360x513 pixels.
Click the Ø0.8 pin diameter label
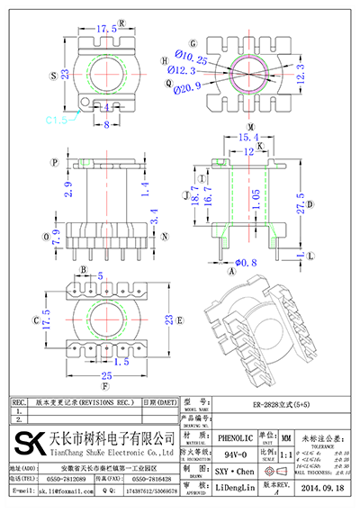click(246, 262)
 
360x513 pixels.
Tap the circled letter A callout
click(231, 268)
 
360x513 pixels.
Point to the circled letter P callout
click(54, 163)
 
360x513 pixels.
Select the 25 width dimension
click(107, 373)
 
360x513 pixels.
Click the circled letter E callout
click(180, 319)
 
